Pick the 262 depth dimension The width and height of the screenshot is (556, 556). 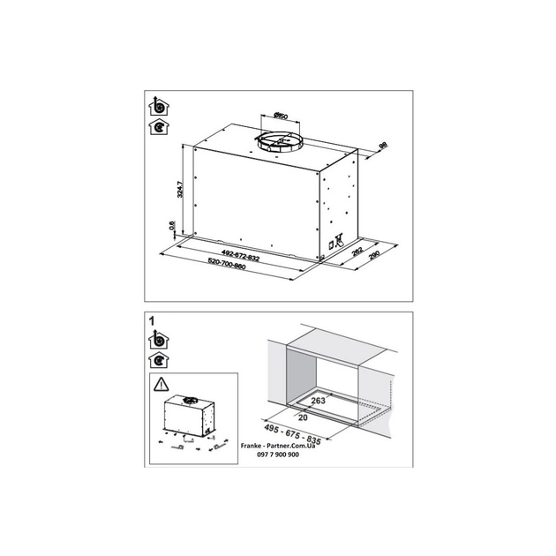357,251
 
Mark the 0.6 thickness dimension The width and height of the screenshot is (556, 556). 171,227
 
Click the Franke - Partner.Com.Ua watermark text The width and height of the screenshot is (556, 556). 282,448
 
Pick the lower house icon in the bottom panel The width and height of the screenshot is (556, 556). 159,359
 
